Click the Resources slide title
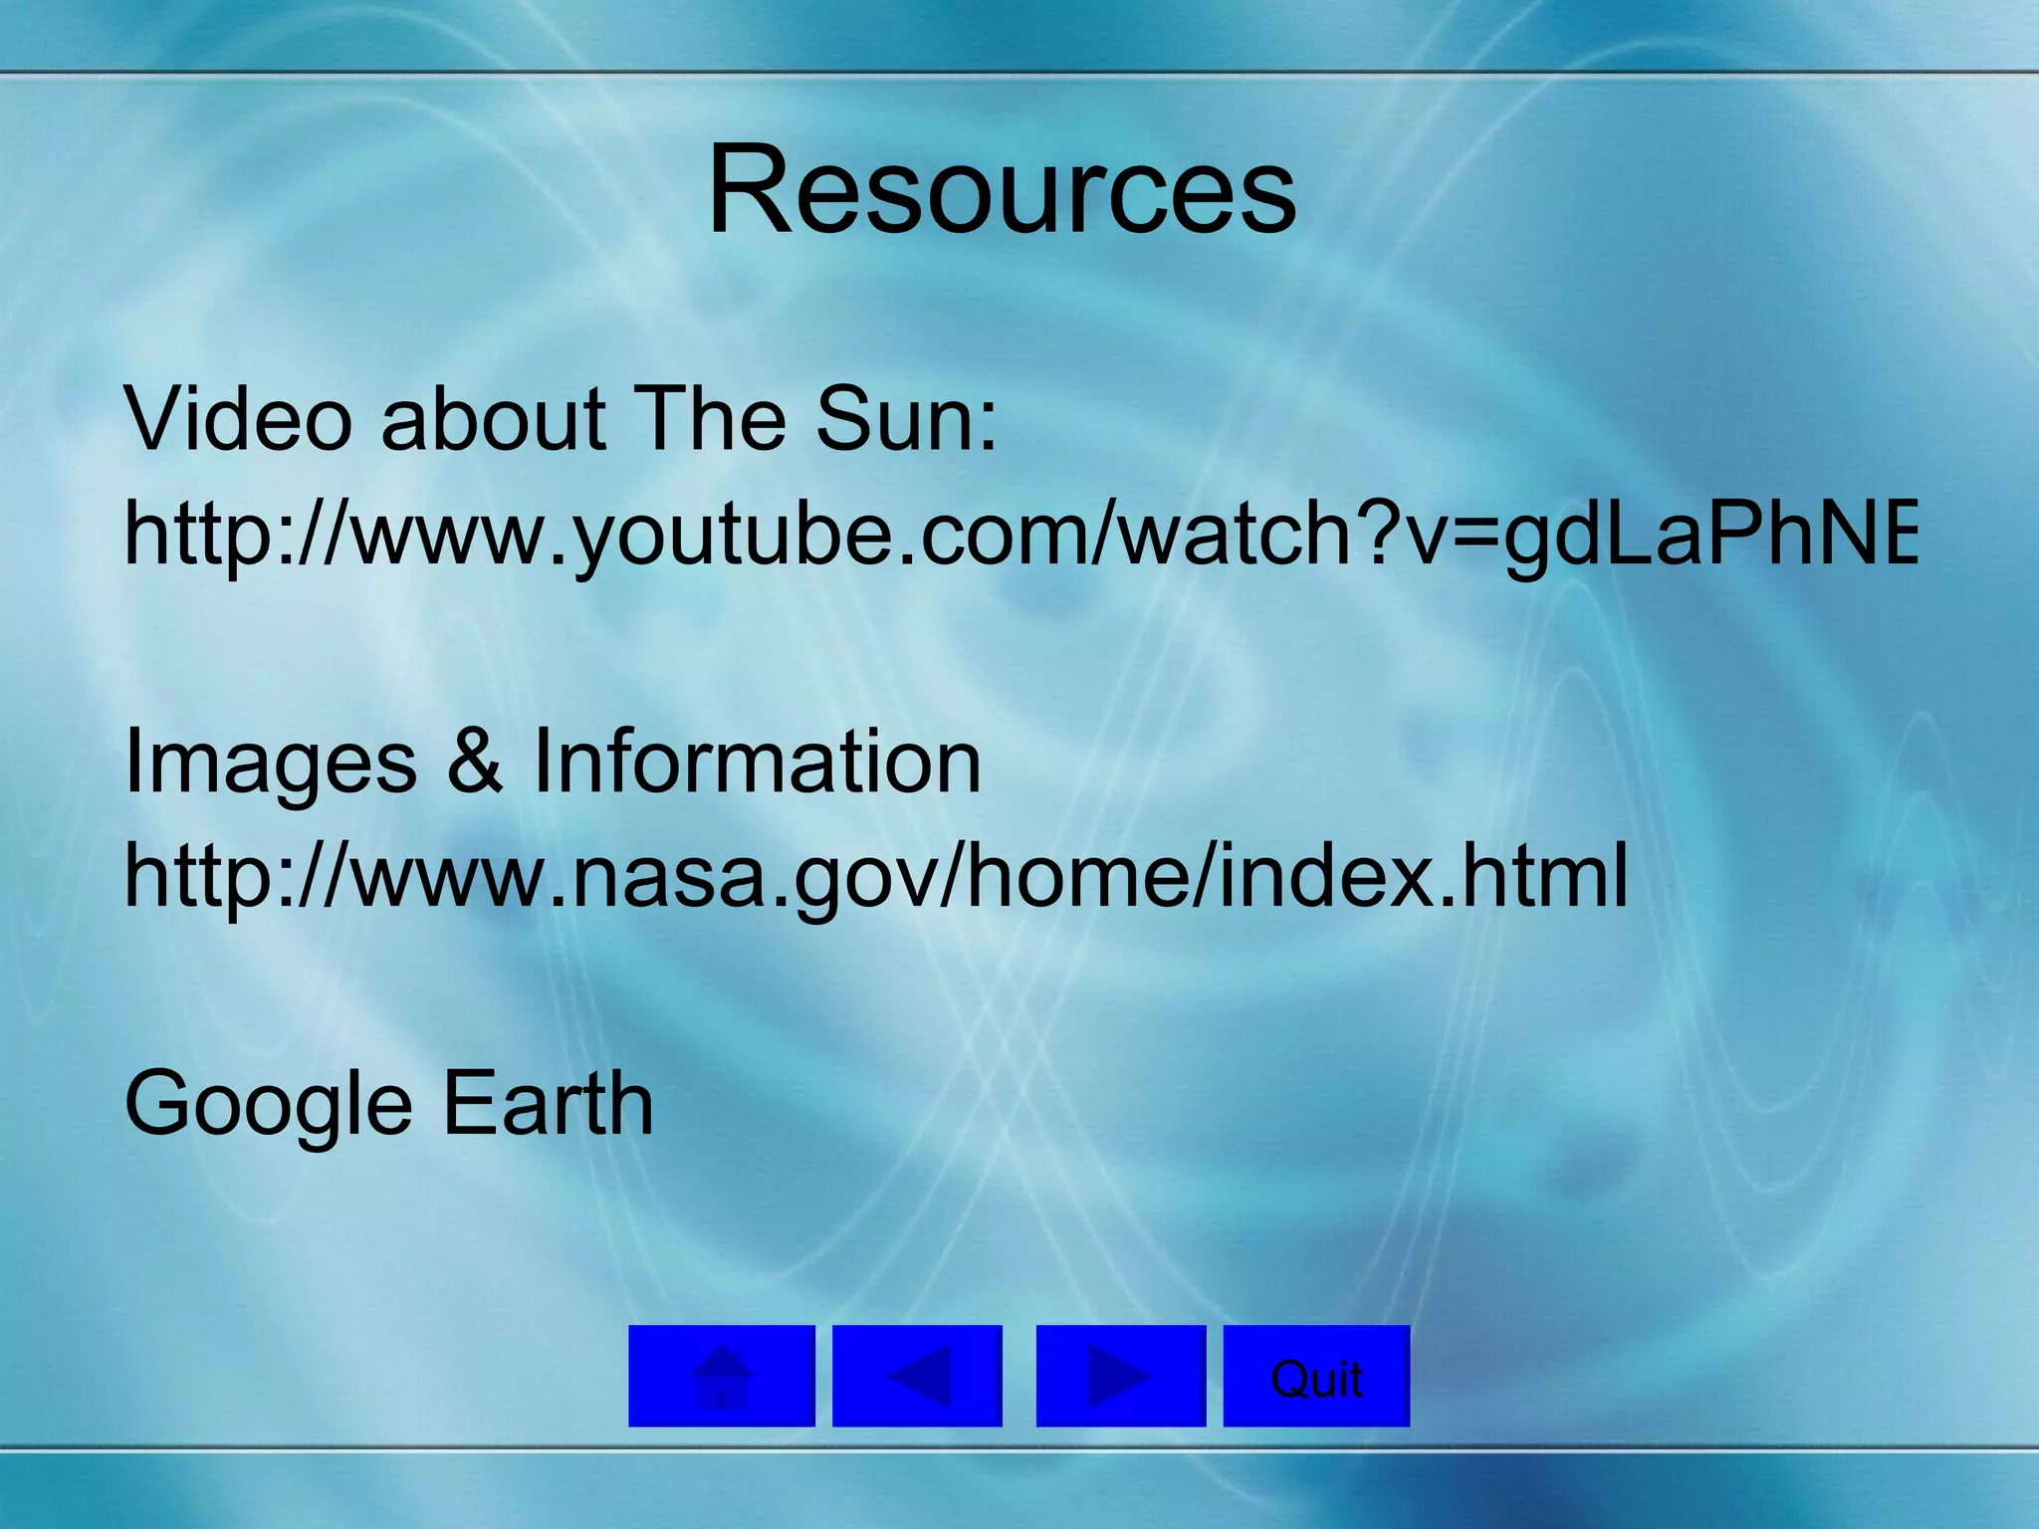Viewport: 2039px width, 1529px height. point(1002,190)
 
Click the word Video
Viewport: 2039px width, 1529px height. point(237,419)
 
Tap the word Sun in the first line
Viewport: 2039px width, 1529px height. point(891,419)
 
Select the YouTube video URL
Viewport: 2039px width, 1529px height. point(1019,534)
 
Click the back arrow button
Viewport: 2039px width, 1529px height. point(917,1376)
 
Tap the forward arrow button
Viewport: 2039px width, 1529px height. point(1120,1376)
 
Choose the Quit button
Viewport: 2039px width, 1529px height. point(1316,1376)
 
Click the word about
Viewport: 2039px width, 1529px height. point(493,419)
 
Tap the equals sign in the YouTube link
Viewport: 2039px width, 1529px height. point(1469,536)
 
